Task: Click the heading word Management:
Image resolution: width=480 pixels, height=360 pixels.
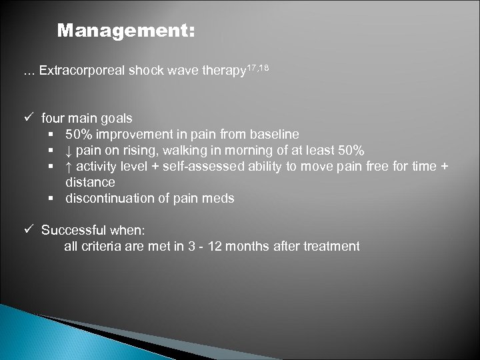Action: click(x=126, y=31)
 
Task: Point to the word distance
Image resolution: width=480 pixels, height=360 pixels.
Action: click(x=90, y=182)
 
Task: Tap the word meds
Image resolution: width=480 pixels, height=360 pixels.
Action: click(x=220, y=198)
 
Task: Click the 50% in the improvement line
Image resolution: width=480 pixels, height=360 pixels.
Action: click(x=79, y=134)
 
